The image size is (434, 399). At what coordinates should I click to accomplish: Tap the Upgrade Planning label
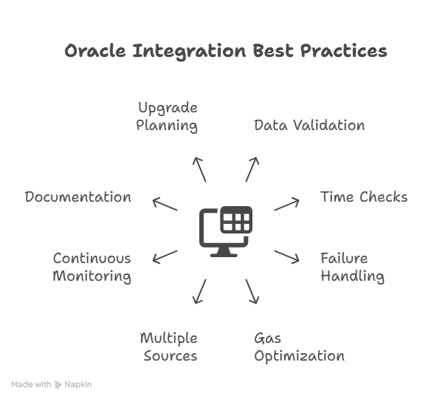pos(168,117)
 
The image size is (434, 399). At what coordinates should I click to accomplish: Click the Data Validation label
pos(309,125)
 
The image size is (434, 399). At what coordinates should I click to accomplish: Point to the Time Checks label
pos(363,197)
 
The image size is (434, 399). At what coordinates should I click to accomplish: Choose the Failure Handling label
pos(352,267)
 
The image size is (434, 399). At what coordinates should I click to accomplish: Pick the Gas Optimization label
pos(299,347)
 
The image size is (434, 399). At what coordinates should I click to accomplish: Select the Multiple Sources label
pos(168,347)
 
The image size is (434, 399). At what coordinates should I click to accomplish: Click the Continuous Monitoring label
pos(92,267)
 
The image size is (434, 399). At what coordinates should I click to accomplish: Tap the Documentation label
pos(78,197)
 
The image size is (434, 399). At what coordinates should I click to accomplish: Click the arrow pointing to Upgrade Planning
pos(199,168)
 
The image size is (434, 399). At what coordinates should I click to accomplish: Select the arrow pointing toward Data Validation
pos(252,168)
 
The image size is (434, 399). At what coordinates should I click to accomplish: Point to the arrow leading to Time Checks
pos(286,204)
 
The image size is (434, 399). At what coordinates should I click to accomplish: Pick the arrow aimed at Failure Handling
pos(286,256)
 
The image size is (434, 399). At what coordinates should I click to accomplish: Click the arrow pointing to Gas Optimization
pos(252,291)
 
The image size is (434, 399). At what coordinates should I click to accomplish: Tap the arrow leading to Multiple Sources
pos(199,291)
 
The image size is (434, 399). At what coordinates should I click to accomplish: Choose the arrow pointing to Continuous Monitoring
pos(165,256)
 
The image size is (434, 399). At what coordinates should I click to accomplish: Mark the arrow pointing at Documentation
pos(165,204)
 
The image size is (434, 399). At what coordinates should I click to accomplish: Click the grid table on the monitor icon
pos(237,220)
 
